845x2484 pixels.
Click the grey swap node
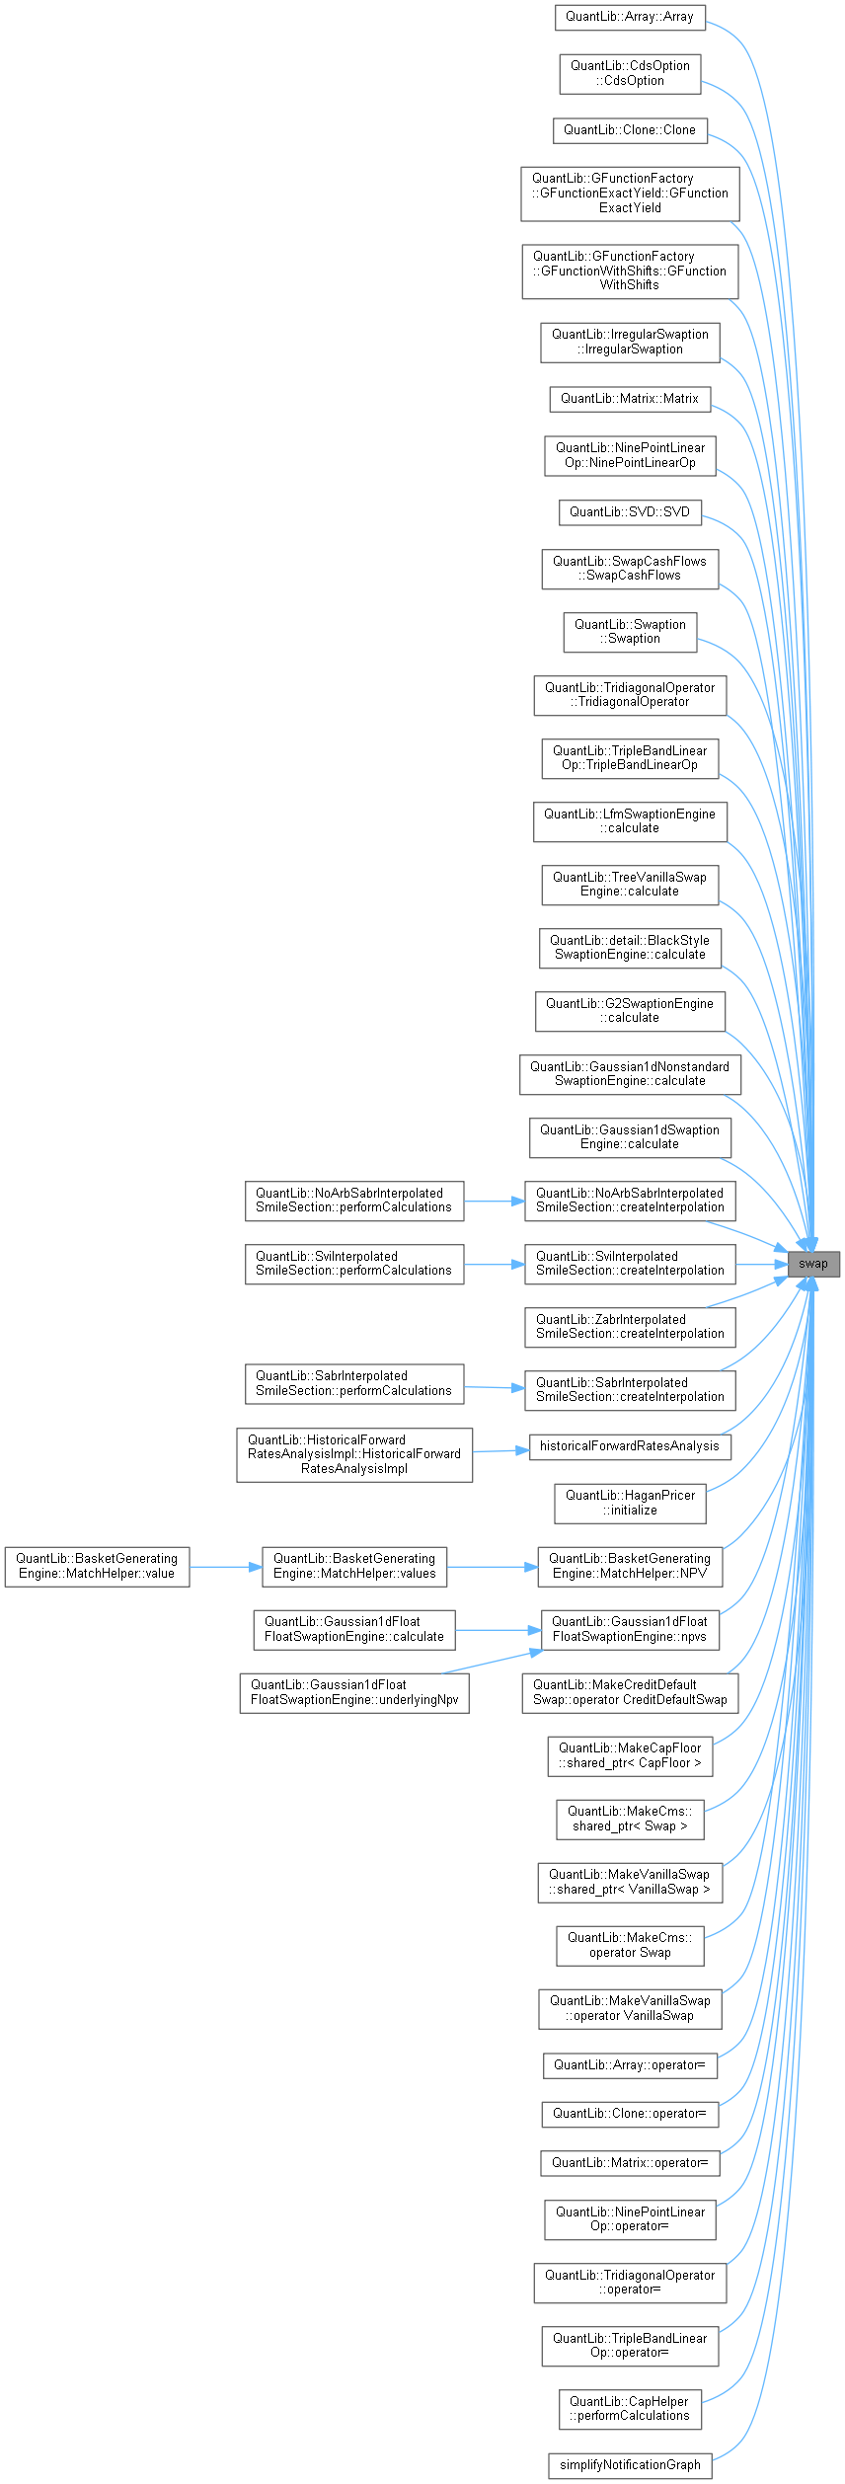pyautogui.click(x=812, y=1264)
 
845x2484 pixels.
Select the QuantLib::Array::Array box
pyautogui.click(x=630, y=18)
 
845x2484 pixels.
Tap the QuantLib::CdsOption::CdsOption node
pyautogui.click(x=630, y=74)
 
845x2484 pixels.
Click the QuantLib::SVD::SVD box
pyautogui.click(x=630, y=512)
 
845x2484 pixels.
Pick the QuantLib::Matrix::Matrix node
pyautogui.click(x=630, y=399)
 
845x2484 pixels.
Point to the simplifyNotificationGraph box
pyautogui.click(x=630, y=2465)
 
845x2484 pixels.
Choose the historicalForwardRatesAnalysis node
pyautogui.click(x=630, y=1446)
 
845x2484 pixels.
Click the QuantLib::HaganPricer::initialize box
pyautogui.click(x=630, y=1503)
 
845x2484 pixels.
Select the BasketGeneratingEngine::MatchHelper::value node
pyautogui.click(x=97, y=1566)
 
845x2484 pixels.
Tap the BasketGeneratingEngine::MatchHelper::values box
pyautogui.click(x=354, y=1566)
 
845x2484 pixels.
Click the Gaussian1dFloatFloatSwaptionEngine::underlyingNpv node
pyautogui.click(x=354, y=1692)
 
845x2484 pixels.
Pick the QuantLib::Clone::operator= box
pyautogui.click(x=630, y=2114)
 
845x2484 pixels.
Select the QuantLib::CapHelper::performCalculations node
pyautogui.click(x=630, y=2409)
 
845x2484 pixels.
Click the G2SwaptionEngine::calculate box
pyautogui.click(x=630, y=1011)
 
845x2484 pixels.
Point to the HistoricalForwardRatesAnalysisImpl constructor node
pyautogui.click(x=354, y=1454)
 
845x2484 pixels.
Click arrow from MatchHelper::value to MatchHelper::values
pyautogui.click(x=225, y=1566)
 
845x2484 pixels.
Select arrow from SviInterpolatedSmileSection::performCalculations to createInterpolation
pyautogui.click(x=494, y=1264)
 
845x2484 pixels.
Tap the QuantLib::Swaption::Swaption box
pyautogui.click(x=630, y=632)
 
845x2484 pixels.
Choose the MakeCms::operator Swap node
pyautogui.click(x=630, y=1945)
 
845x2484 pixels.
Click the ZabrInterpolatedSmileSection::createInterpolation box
pyautogui.click(x=630, y=1327)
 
